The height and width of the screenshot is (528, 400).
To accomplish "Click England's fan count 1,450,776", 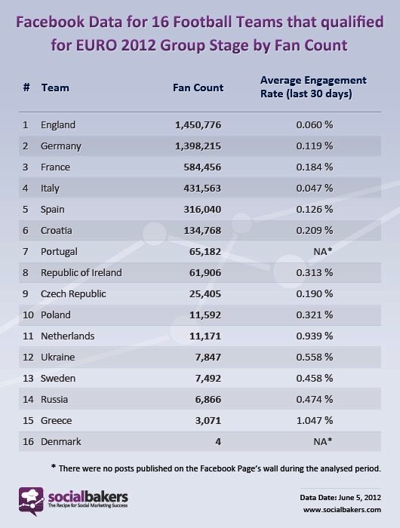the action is coord(198,125).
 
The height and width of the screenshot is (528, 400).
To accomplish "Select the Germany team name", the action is coord(61,146).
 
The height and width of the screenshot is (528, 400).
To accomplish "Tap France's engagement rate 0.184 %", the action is coord(315,167).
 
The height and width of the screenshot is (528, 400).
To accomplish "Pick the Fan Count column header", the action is coord(198,87).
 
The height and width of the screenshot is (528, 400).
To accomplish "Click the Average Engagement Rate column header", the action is coord(313,87).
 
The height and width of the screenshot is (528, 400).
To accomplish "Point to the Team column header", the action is coord(55,87).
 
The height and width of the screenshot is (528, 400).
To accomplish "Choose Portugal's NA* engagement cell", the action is coord(323,251).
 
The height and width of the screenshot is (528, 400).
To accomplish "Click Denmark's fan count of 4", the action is coord(218,441).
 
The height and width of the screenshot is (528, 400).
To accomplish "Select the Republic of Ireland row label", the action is coord(82,272).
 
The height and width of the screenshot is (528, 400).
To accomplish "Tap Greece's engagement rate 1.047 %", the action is coord(315,420).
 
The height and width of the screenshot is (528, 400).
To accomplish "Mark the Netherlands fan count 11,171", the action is coord(205,336).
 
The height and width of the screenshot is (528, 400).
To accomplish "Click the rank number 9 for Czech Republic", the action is coord(26,293).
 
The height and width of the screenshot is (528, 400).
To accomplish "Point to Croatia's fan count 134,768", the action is coord(202,230).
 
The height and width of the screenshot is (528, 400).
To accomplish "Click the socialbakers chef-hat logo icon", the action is coord(31,501).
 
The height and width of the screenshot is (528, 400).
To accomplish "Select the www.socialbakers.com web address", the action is coord(342,510).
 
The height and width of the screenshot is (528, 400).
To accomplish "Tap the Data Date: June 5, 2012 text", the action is coord(340,497).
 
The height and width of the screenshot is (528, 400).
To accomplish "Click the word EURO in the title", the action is coord(97,45).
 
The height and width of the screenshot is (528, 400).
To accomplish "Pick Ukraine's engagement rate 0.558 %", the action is coord(315,357).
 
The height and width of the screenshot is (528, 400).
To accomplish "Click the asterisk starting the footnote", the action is coord(54,466).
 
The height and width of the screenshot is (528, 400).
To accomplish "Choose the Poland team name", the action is coord(56,315).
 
